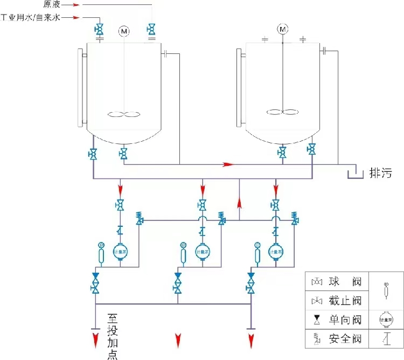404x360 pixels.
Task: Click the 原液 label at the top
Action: [52, 5]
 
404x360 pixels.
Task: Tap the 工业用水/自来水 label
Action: [30, 17]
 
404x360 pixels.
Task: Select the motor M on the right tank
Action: [282, 28]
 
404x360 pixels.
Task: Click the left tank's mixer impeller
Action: [124, 114]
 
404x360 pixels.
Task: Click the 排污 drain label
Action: [380, 174]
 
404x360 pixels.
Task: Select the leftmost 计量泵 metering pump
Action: [120, 251]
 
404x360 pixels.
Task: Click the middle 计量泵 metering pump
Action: [202, 251]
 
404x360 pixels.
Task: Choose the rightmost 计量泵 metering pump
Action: [275, 251]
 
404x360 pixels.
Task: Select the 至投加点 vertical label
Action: [112, 336]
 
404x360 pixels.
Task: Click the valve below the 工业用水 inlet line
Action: [99, 29]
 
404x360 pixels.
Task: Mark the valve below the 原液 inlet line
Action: [151, 29]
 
